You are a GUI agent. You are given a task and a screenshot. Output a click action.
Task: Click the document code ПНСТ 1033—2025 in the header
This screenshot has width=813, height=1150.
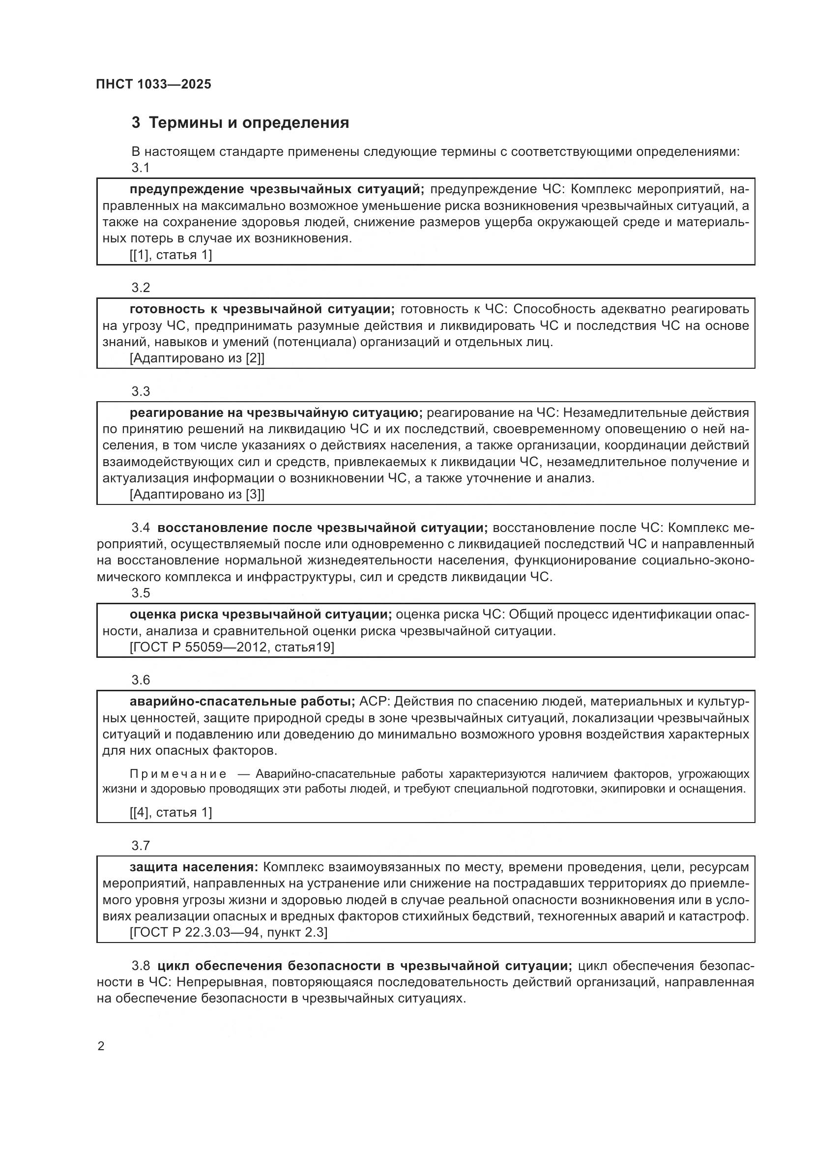coord(154,84)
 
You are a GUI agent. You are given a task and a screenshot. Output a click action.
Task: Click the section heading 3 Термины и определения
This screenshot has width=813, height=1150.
coord(240,123)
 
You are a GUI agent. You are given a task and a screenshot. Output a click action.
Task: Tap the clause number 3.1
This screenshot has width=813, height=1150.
coord(141,168)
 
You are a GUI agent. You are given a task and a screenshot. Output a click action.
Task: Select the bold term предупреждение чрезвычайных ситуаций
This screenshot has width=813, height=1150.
coord(277,189)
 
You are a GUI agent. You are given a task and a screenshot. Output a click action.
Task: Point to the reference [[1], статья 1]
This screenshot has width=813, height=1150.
coord(171,255)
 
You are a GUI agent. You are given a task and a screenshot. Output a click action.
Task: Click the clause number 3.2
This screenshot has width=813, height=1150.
coord(141,288)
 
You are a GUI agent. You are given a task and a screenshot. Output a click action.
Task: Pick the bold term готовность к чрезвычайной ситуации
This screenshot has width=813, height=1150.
coord(262,309)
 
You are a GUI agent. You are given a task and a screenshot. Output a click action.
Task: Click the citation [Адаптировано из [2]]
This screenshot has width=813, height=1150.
coord(197,358)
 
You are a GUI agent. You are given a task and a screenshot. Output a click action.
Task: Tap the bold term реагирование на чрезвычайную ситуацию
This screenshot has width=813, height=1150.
coord(276,413)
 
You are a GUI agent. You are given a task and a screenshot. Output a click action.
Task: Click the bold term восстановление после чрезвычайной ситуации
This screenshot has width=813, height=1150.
coord(322,528)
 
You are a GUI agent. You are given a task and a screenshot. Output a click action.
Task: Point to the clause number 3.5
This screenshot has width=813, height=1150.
coord(141,593)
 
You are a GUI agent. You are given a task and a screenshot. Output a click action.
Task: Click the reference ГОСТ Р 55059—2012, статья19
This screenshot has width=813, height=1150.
coord(232,647)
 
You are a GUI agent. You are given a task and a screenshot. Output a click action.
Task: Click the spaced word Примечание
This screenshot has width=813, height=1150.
coord(178,774)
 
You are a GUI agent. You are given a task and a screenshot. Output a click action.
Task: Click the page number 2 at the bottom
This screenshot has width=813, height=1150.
coord(101,1046)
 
